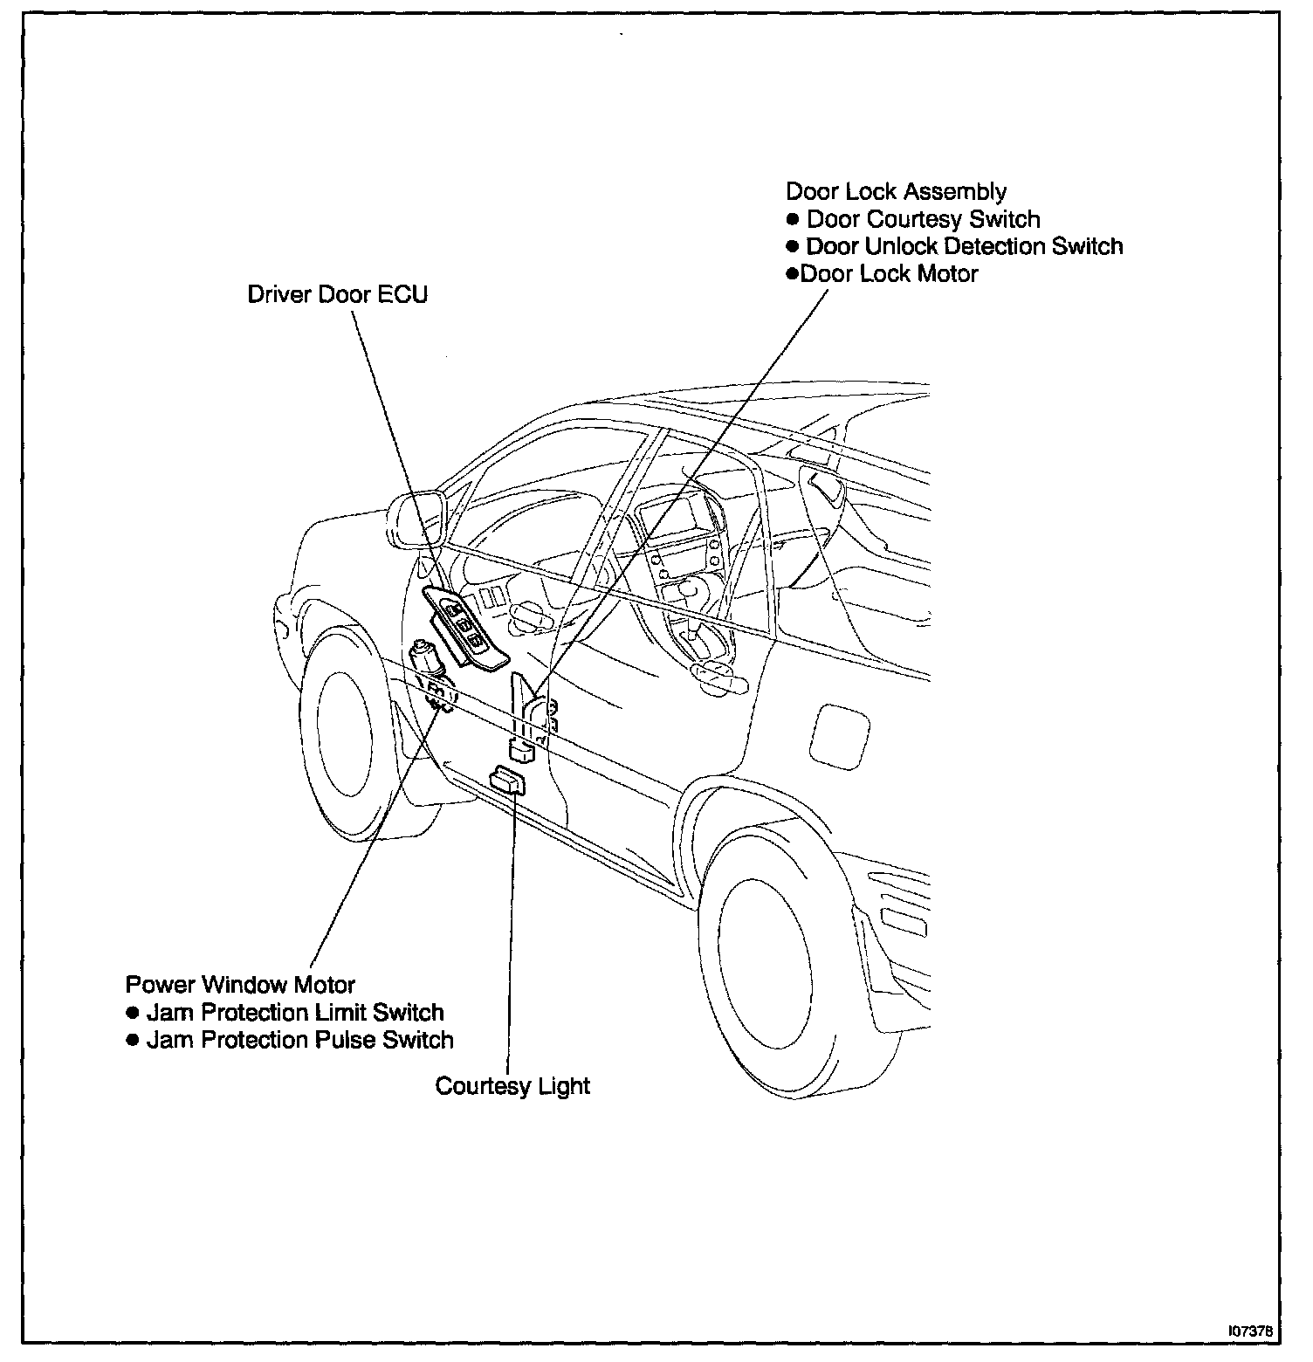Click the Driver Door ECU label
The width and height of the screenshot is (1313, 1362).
coord(338,294)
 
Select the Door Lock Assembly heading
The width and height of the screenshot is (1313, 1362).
coord(896,192)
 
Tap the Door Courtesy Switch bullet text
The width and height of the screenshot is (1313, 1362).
coord(923,219)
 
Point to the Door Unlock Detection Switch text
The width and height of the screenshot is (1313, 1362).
coord(964,246)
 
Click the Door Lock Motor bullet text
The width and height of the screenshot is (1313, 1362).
coord(889,274)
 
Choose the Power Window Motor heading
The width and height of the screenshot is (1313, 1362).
coord(240,985)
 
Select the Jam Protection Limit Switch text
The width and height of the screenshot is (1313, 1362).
coord(295,1013)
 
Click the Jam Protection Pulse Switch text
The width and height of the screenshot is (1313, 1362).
coord(299,1040)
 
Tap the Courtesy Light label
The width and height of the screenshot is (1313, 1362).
coord(512,1086)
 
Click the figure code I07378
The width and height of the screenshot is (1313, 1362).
coord(1250,1331)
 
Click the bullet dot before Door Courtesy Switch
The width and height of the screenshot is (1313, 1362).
coord(793,219)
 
